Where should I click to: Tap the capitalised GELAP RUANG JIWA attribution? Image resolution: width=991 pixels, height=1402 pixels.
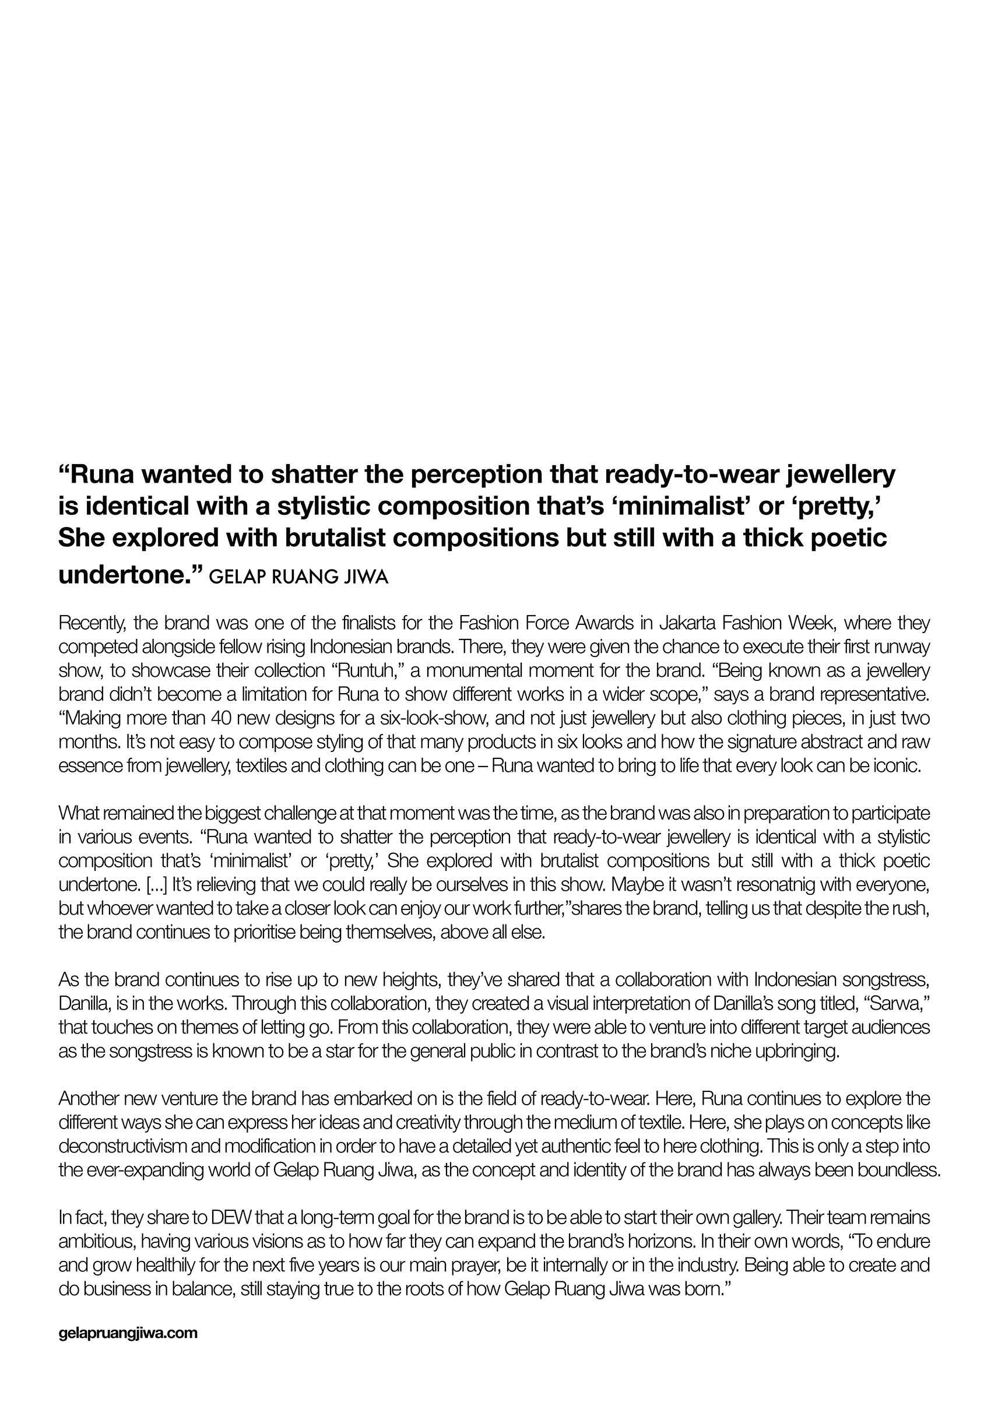coord(298,578)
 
